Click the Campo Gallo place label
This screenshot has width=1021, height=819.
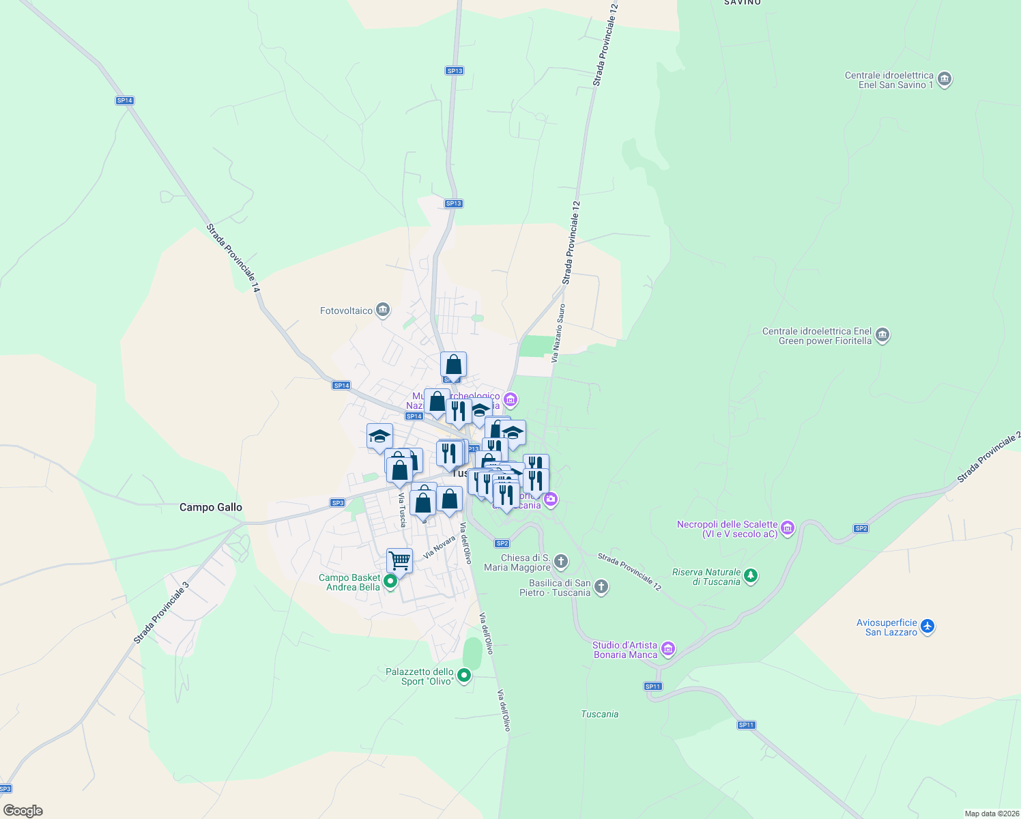coord(210,507)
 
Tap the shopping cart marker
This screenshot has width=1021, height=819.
coord(399,561)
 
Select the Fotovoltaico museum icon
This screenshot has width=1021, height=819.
coord(383,311)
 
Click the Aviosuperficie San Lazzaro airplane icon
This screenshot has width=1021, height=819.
coord(927,626)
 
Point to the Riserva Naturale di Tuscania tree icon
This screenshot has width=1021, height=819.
coord(751,576)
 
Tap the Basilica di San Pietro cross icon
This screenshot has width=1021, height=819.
coord(601,587)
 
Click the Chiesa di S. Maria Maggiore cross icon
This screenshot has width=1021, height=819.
coord(561,562)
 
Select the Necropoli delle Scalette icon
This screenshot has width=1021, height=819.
coord(788,528)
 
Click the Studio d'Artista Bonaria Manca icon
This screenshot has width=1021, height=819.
coord(668,648)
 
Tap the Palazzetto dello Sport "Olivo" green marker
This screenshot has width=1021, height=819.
coord(464,676)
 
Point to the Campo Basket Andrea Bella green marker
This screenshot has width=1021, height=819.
coord(390,581)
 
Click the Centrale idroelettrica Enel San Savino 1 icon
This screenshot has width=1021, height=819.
coord(945,79)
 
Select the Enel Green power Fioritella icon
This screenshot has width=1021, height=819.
coord(882,335)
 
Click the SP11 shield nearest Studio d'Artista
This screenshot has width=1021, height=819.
coord(652,686)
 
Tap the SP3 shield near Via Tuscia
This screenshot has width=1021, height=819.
coord(337,503)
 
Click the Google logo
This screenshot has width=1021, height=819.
coord(23,811)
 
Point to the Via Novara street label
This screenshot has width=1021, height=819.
coord(439,547)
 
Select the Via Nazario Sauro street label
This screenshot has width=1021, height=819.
coord(558,333)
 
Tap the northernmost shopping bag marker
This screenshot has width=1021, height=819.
coord(453,365)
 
